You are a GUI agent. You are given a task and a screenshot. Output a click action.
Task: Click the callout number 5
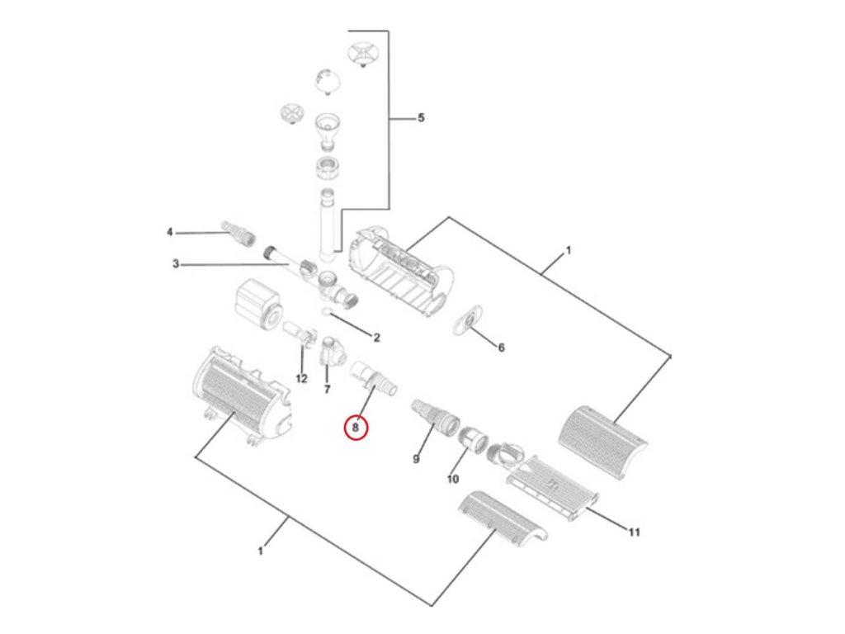click(421, 118)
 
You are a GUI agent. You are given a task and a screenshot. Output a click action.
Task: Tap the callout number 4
click(170, 233)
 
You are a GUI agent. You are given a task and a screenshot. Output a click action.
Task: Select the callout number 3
click(176, 264)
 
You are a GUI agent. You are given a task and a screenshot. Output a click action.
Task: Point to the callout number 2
click(376, 337)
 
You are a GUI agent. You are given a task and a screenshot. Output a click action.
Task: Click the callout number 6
click(500, 348)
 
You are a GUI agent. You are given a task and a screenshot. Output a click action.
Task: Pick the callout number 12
click(301, 378)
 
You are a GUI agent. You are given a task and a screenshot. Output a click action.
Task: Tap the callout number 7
click(327, 388)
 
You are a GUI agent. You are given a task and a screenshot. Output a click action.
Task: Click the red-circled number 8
click(356, 428)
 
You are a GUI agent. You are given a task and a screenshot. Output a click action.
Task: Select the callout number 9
click(416, 459)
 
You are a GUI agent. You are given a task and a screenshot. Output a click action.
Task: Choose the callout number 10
click(452, 479)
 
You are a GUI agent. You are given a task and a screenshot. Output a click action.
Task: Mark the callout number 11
click(633, 532)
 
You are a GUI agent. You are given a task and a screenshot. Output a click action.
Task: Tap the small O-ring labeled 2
click(328, 311)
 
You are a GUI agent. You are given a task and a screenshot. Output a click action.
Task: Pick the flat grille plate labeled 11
click(553, 487)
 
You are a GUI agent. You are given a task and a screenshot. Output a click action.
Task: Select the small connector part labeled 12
click(302, 335)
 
